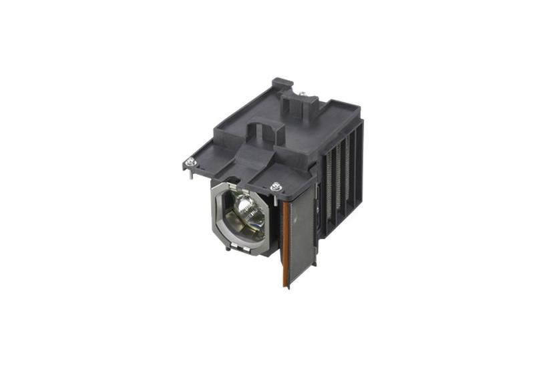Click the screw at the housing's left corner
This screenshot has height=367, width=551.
pos(190,161)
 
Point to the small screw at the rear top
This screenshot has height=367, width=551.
pos(302,93)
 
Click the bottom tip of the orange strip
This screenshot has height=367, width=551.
pos(286,286)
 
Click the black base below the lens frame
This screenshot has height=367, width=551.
pos(254,252)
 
